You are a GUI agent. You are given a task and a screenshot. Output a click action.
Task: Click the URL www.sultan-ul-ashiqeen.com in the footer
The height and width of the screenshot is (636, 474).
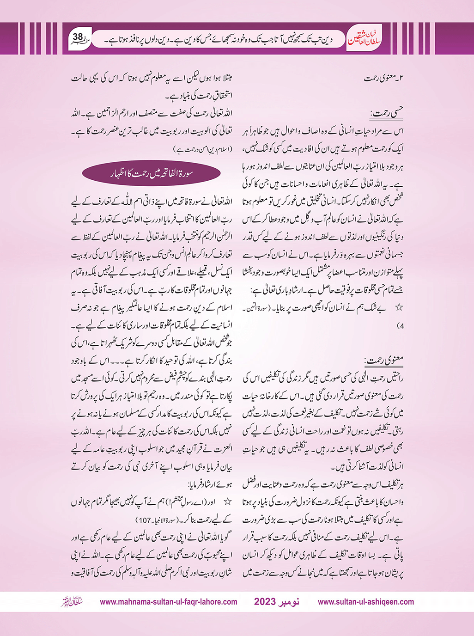(366, 602)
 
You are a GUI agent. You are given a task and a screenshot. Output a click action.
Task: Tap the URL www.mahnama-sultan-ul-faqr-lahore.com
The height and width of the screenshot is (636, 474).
(169, 602)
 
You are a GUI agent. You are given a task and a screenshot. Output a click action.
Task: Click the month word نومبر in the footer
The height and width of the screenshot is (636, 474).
(291, 602)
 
